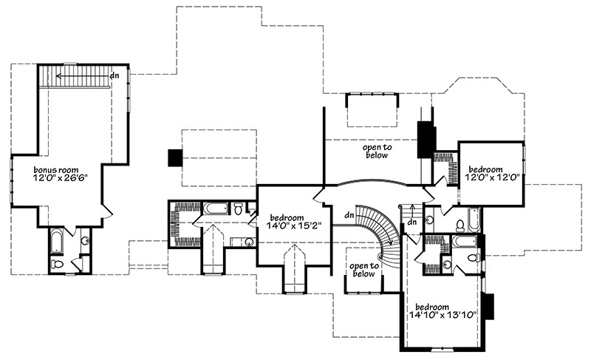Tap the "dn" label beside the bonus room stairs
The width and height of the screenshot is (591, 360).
click(115, 75)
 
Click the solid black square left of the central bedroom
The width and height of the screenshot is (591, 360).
click(175, 157)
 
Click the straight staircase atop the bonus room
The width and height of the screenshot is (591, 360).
click(74, 75)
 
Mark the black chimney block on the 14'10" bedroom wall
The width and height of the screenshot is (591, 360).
click(488, 305)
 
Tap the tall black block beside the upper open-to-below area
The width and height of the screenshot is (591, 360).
click(424, 138)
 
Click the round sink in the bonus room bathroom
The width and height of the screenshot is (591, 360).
click(85, 240)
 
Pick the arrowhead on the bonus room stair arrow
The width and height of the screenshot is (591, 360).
click(58, 75)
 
